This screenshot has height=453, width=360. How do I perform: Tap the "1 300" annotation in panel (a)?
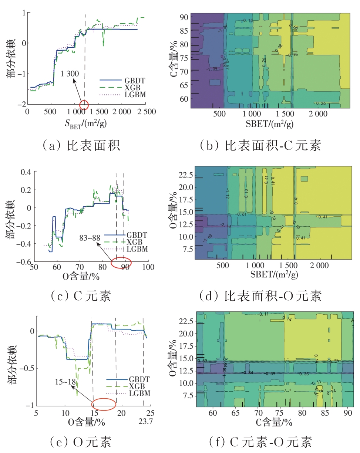(x=70, y=74)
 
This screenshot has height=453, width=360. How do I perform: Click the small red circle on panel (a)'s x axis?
(x=84, y=105)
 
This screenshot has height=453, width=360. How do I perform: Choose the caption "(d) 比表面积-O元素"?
(x=260, y=295)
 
